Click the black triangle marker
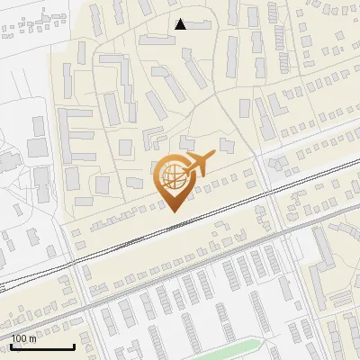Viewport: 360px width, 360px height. [181, 24]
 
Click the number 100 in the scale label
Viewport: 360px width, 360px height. [19, 338]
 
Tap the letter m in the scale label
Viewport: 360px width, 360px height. [33, 338]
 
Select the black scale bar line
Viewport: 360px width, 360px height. [41, 346]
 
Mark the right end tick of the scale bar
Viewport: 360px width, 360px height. [74, 345]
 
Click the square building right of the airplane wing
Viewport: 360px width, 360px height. [226, 146]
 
